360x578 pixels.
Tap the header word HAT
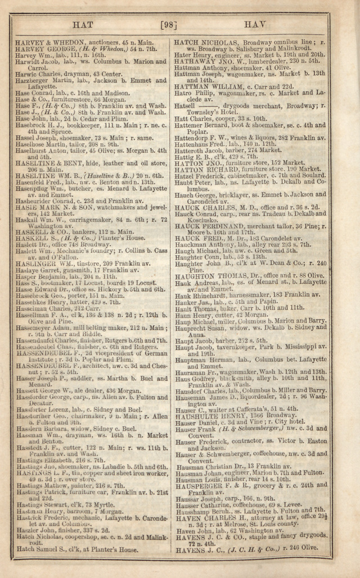pos(83,25)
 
